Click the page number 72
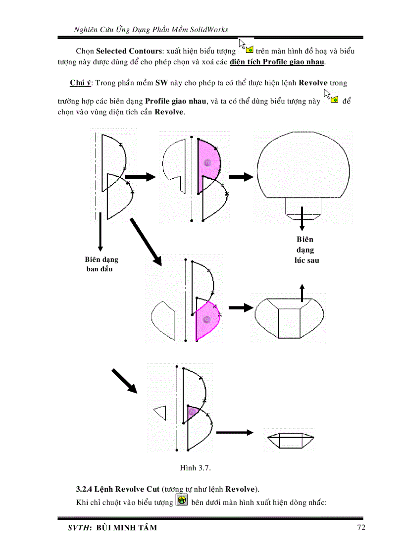click(x=361, y=527)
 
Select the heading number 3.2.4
click(x=86, y=489)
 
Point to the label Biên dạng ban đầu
click(x=101, y=264)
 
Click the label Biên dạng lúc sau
click(x=305, y=250)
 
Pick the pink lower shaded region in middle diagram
click(x=207, y=319)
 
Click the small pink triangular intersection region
click(x=193, y=412)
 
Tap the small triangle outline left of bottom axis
click(x=160, y=412)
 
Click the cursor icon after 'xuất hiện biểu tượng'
click(x=246, y=46)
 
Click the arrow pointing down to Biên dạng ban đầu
click(x=101, y=230)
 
